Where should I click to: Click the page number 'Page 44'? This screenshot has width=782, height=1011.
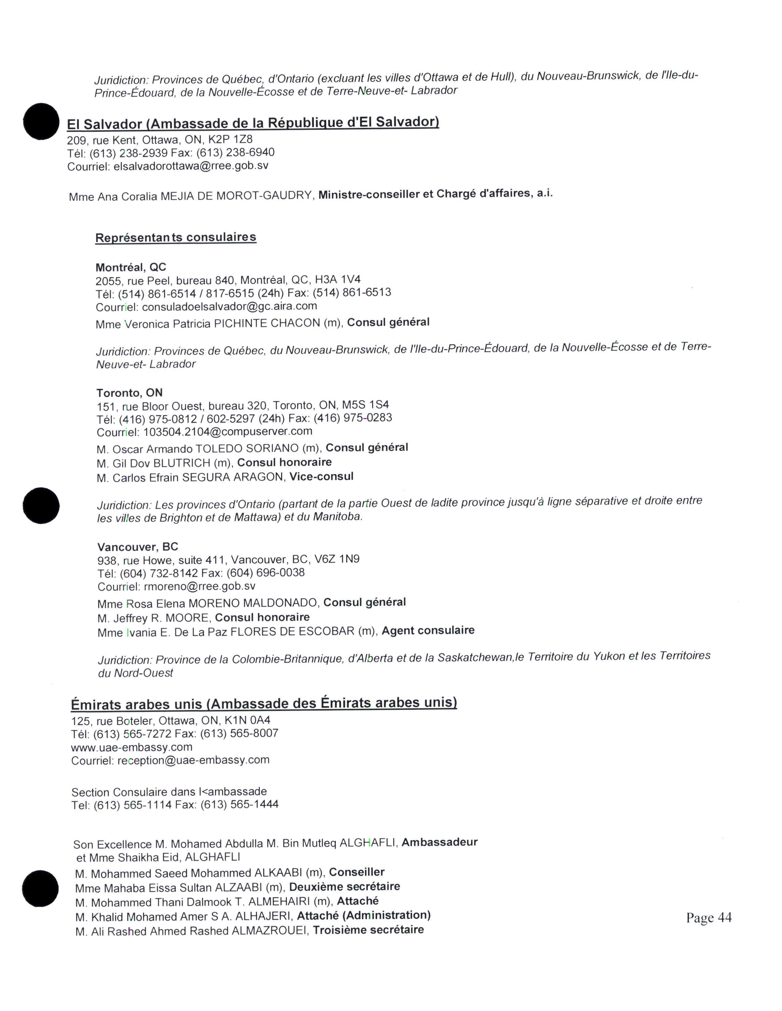pos(708,918)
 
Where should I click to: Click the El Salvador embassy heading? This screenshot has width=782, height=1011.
pos(253,123)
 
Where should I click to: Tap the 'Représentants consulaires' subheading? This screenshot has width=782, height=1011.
pos(176,237)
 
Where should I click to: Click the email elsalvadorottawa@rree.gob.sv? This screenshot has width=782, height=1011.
pos(191,166)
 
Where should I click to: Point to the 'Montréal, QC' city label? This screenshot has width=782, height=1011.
pos(131,267)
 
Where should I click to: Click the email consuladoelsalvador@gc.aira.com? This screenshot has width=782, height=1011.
pos(229,306)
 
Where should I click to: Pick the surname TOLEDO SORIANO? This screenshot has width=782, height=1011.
pos(247,449)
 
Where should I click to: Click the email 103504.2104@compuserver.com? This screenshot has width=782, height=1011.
pos(228,431)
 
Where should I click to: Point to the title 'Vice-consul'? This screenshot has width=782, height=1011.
pos(321,476)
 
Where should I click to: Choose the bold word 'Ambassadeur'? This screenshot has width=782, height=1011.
pos(439,842)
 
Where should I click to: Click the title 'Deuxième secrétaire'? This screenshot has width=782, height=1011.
pos(344,887)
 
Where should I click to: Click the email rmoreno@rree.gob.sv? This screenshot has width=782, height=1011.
pos(200,586)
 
